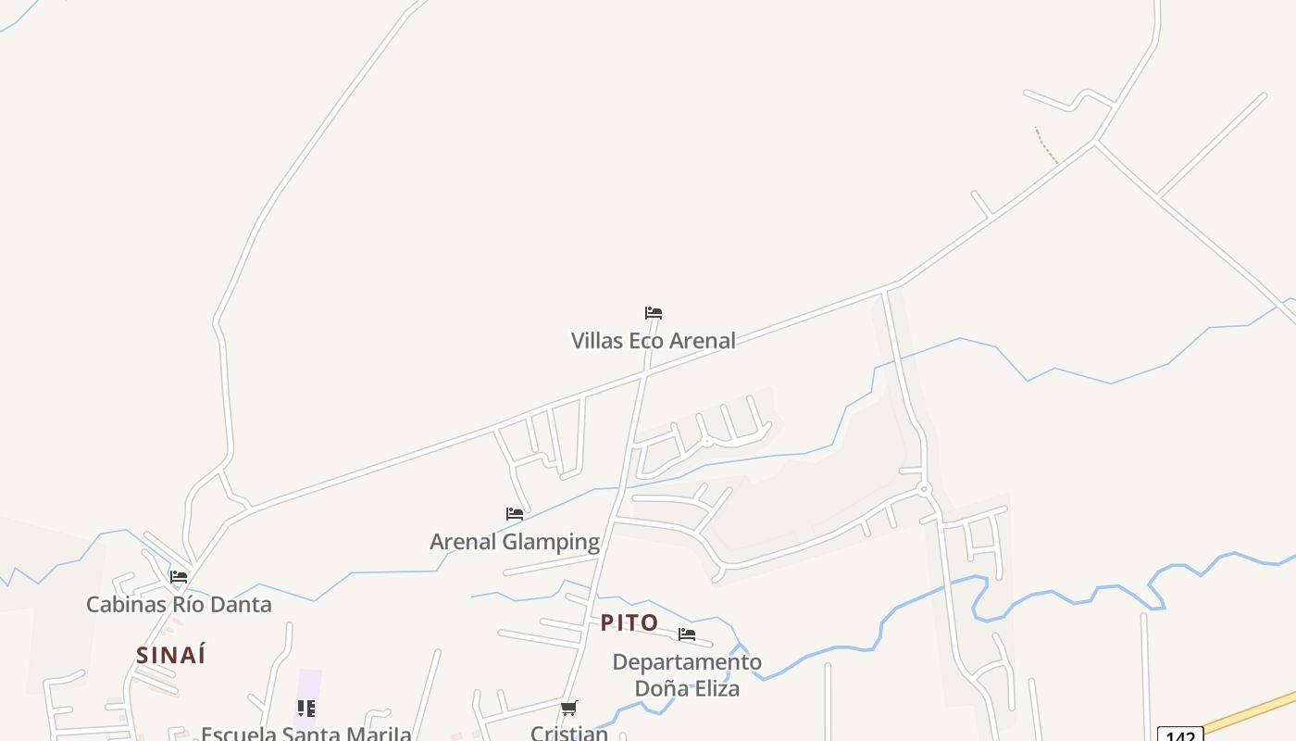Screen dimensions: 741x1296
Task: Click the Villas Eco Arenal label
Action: [653, 341]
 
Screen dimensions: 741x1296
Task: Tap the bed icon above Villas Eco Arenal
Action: [654, 313]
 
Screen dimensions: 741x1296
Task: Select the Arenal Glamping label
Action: [515, 542]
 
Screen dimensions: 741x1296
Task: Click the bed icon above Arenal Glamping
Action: [515, 514]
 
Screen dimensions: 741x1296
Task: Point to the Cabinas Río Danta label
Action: [179, 605]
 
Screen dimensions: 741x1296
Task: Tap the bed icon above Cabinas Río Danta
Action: [179, 577]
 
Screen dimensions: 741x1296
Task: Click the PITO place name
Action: [629, 623]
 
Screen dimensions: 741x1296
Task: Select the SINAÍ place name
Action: [171, 656]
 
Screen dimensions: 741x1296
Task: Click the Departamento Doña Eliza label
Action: [687, 675]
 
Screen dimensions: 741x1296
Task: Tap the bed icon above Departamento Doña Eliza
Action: [687, 634]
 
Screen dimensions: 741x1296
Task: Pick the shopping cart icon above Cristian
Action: [569, 709]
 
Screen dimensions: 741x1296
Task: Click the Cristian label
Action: [569, 733]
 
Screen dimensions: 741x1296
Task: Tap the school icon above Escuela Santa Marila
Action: [306, 709]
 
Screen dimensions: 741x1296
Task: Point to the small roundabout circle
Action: [923, 488]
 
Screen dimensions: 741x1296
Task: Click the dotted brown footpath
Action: [1046, 146]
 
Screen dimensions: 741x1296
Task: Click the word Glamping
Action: [551, 542]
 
